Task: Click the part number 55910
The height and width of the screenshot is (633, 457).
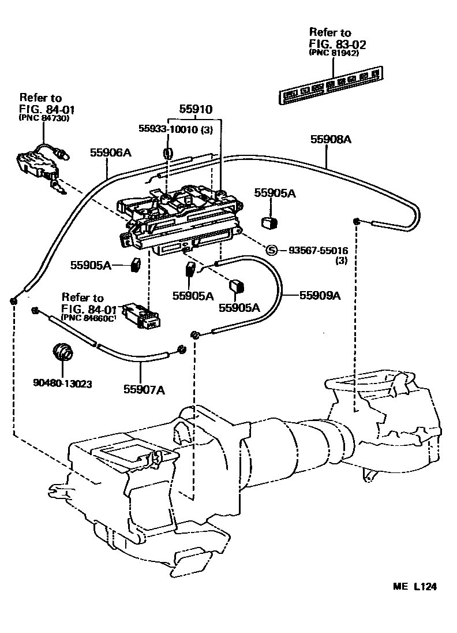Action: (x=196, y=109)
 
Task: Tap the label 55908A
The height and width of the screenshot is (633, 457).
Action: (x=331, y=139)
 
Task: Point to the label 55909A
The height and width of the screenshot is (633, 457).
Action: (x=320, y=296)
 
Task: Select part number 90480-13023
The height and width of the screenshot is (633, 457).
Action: (x=62, y=383)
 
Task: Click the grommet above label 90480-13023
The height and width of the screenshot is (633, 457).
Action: (x=62, y=351)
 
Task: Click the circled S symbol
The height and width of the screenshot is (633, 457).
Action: (x=272, y=250)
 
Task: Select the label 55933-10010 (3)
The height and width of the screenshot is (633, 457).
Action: (x=175, y=130)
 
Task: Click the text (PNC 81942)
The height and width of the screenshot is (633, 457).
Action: (x=334, y=53)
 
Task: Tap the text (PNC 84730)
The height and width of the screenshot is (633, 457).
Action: (x=43, y=118)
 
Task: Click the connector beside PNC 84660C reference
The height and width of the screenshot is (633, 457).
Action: (x=145, y=317)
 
